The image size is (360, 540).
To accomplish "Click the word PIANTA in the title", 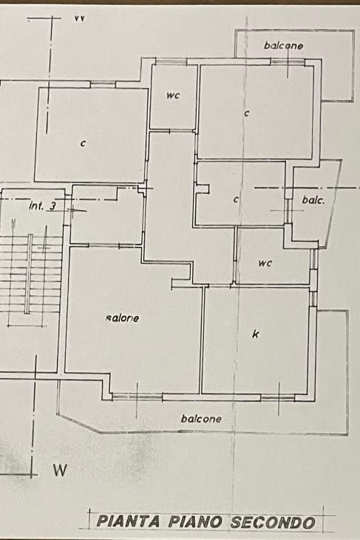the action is (x=129, y=522).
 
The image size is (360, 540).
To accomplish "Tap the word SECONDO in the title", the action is (x=273, y=522).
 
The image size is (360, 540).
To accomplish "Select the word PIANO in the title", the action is (x=195, y=522).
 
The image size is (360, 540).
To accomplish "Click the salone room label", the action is (x=123, y=318).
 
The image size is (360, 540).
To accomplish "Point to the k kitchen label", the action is (x=255, y=334).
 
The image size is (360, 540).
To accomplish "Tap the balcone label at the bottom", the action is (x=201, y=419).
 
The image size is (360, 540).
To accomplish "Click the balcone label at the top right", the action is (x=284, y=45).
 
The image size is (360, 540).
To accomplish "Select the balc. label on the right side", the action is (x=313, y=200).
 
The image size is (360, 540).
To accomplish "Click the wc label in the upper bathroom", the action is (x=173, y=95).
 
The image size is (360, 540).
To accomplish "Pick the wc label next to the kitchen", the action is (x=265, y=263).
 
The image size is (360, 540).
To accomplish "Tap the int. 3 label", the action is (x=43, y=206).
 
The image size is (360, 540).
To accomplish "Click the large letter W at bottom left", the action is (x=60, y=470).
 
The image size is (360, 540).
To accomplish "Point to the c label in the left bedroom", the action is (x=83, y=144).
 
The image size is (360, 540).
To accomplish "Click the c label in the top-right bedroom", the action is (x=246, y=113).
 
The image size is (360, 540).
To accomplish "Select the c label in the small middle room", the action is (x=236, y=199).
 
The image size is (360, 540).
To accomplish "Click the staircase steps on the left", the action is (x=30, y=274).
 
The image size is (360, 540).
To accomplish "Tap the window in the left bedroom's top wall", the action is (x=103, y=84).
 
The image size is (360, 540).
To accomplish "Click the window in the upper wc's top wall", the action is (x=171, y=61).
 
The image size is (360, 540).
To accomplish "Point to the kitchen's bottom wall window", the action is (x=278, y=398).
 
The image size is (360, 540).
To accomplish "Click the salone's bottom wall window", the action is (x=137, y=397).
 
